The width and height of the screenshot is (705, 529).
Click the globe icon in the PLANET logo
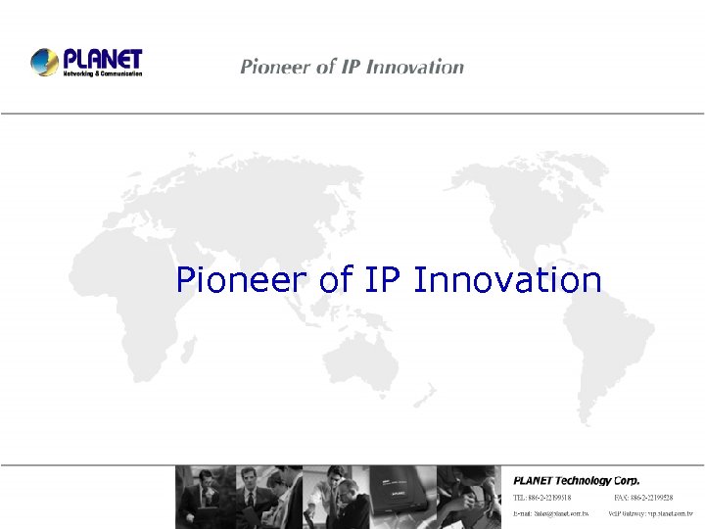pos(45,62)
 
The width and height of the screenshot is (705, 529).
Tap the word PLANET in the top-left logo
pos(102,59)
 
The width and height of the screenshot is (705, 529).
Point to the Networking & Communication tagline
pos(103,73)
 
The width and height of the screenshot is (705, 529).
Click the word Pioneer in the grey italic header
pos(275,67)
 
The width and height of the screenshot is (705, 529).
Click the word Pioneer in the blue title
pos(243,281)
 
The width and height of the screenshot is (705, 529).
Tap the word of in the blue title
pos(336,281)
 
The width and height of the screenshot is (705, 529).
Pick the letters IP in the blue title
pos(383,281)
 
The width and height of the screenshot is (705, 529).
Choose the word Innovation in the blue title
pos(507,281)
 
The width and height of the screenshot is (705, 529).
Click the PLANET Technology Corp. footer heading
pos(577,480)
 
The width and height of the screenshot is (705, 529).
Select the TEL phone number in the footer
pos(542,498)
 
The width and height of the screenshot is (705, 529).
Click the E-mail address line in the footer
pos(551,512)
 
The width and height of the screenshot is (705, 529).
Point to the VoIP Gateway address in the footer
pos(650,512)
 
